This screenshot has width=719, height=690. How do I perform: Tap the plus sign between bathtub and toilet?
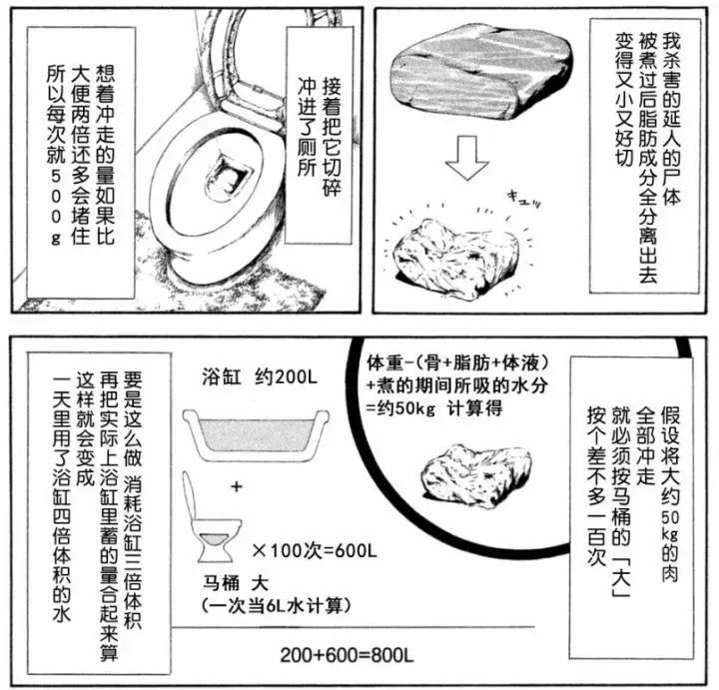(x=236, y=486)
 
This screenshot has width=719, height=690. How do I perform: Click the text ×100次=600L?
(x=314, y=549)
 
